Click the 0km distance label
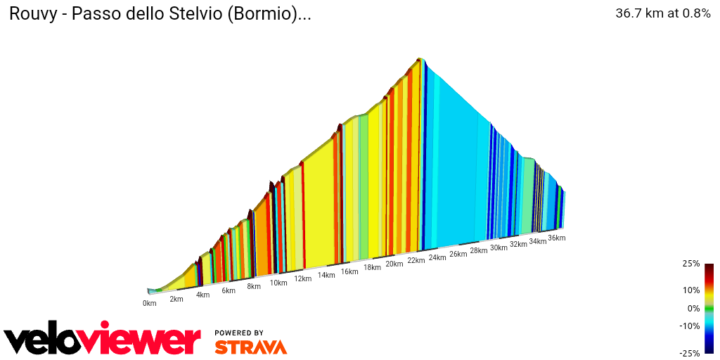pos(149,303)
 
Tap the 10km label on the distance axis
pos(278,283)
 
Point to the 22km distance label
pos(415,261)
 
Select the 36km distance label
pos(556,238)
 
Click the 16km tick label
pos(349,271)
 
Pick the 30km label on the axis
pos(499,247)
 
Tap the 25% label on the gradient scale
pos(691,264)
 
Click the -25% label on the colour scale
pos(690,353)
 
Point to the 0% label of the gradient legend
pos(693,308)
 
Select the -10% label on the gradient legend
pos(690,326)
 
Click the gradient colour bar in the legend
pos(709,308)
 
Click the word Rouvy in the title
pos(30,15)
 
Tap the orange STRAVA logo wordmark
pos(250,347)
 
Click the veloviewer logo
pos(103,340)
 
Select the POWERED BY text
pos(239,333)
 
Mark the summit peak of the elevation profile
pos(420,58)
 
